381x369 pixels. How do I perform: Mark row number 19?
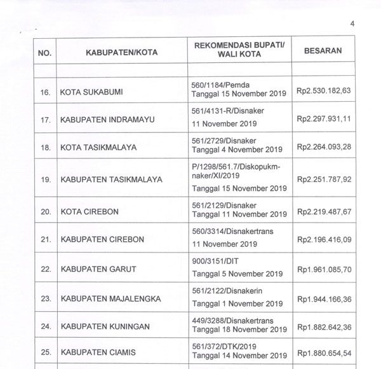(x=45, y=179)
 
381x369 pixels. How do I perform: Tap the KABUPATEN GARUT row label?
(x=100, y=268)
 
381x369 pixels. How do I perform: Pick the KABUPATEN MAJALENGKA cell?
(x=110, y=298)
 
